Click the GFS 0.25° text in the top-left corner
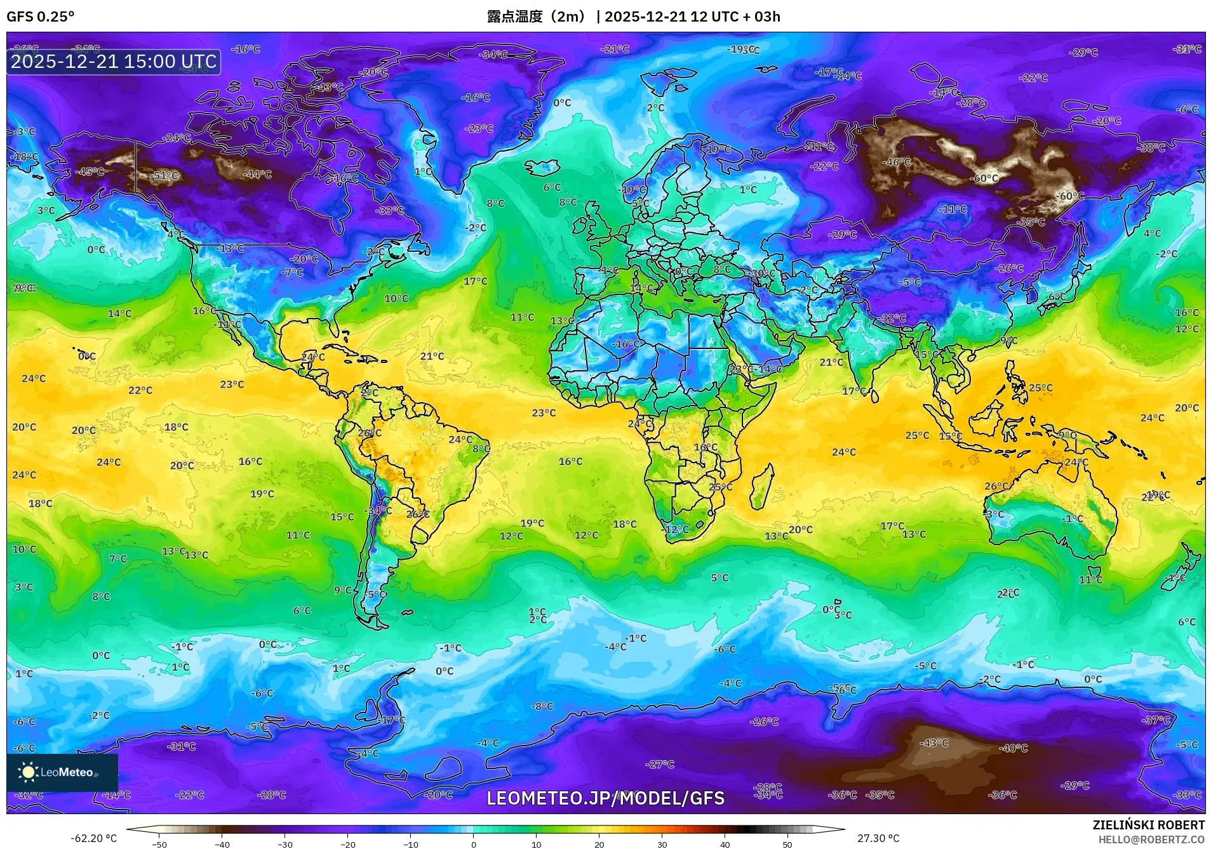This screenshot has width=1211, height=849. [x=40, y=16]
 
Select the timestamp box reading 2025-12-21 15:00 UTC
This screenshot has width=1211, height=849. [x=114, y=62]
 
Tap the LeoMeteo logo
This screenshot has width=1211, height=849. [x=62, y=772]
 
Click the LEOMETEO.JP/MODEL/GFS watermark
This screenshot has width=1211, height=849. [x=605, y=798]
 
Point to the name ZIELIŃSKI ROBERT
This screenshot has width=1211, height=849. [x=1148, y=825]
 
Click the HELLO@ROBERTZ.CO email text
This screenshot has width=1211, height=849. [x=1151, y=839]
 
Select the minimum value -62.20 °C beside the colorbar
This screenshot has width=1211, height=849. [x=93, y=838]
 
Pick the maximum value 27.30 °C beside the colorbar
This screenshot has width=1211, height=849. [x=878, y=838]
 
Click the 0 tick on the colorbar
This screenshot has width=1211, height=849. [x=473, y=844]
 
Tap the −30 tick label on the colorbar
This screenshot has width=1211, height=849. [x=284, y=844]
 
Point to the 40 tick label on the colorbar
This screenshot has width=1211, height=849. [x=725, y=844]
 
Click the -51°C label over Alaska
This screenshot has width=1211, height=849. [x=165, y=176]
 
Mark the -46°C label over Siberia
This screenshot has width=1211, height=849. [x=897, y=162]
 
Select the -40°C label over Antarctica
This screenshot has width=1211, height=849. [x=1013, y=748]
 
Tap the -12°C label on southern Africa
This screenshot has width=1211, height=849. [x=676, y=529]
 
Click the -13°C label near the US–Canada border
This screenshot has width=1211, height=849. [x=230, y=249]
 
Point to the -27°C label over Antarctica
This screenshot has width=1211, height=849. [x=660, y=765]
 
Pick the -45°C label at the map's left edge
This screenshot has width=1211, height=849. [x=90, y=172]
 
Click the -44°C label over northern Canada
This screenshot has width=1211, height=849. [x=258, y=174]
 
